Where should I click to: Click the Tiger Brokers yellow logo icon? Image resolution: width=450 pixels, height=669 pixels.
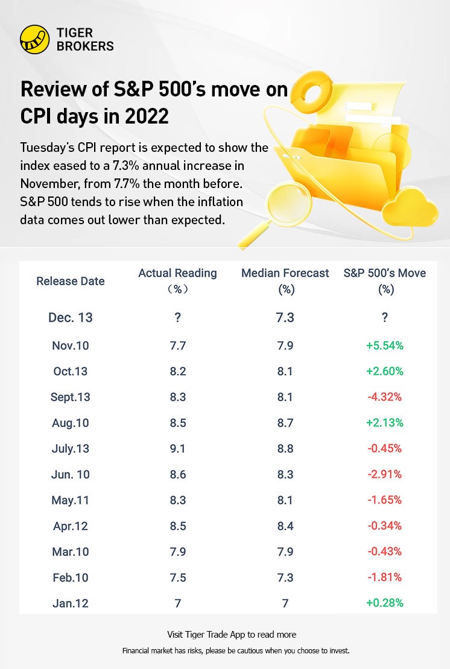point(34,39)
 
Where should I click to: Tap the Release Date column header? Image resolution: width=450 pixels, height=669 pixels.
point(71,281)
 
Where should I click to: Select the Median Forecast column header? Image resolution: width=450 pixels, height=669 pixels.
point(285,281)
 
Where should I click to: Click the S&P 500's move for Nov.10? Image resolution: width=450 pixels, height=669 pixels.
point(384,345)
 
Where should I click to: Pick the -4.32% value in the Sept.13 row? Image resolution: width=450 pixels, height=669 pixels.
point(384,397)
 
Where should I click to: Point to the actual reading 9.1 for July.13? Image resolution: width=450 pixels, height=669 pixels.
point(177,448)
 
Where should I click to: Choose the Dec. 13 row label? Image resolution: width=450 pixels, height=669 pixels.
point(71,318)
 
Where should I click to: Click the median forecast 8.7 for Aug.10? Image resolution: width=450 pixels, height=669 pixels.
point(285,422)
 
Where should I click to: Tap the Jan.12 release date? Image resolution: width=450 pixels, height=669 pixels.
point(71,603)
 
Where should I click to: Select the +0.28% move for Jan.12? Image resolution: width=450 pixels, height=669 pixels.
point(384,603)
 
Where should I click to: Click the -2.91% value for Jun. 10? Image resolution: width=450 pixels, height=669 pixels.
point(384,474)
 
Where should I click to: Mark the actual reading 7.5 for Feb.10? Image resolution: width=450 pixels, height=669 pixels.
point(177,577)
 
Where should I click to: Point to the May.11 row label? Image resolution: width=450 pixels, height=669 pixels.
point(71,500)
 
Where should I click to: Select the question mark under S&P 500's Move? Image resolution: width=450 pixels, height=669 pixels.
point(384,318)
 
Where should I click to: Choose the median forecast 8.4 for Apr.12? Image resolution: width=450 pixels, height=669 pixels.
point(285,526)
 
